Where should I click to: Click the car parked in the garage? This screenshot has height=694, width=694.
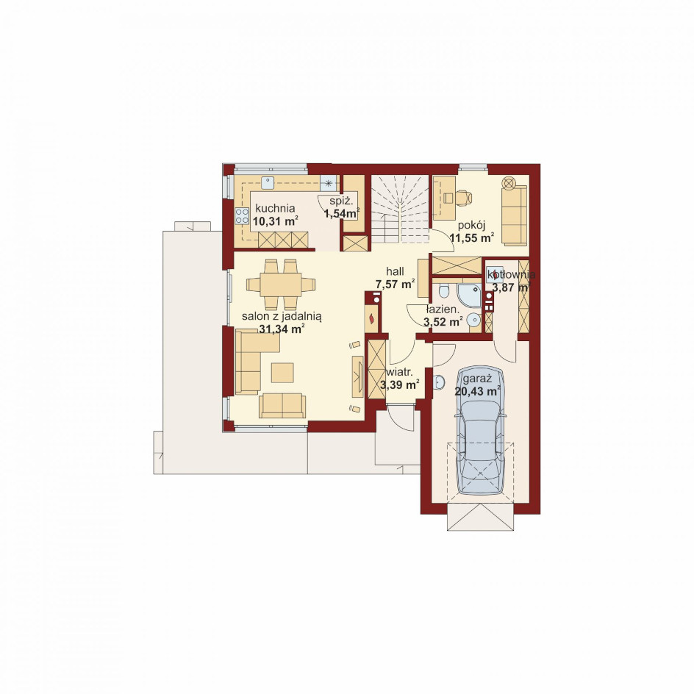[x=481, y=431]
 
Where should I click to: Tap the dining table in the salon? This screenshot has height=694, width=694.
[x=281, y=285]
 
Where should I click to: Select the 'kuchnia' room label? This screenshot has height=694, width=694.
[x=275, y=208]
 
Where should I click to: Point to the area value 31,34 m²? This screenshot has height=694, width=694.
[x=281, y=329]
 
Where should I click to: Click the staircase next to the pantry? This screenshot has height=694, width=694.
[x=400, y=209]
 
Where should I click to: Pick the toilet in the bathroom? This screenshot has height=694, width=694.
[x=443, y=292]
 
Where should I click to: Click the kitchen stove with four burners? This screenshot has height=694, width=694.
[x=242, y=216]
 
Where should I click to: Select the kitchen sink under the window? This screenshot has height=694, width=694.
[x=268, y=182]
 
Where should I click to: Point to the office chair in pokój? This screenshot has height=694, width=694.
[x=463, y=198]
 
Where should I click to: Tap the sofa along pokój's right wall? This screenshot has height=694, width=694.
[x=515, y=215]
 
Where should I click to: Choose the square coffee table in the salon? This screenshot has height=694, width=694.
[x=282, y=373]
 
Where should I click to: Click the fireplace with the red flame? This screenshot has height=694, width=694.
[x=371, y=318]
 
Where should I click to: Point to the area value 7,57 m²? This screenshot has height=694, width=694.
[x=396, y=284]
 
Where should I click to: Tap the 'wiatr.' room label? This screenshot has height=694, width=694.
[x=400, y=372]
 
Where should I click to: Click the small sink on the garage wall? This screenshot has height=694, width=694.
[x=439, y=382]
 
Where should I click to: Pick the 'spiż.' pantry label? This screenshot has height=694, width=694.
[x=341, y=201]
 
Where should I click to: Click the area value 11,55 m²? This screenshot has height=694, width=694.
[x=472, y=237]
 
